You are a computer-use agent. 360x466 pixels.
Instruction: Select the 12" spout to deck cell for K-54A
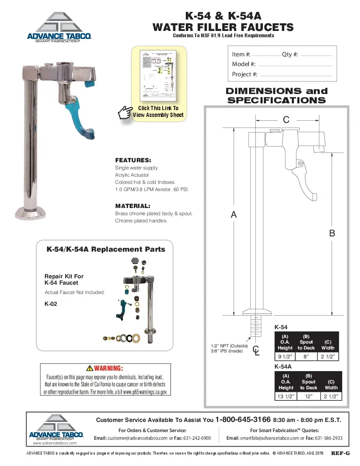pyautogui.click(x=309, y=397)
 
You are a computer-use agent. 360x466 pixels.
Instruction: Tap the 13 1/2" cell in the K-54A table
pyautogui.click(x=286, y=397)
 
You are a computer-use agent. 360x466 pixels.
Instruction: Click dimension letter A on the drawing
pyautogui.click(x=234, y=215)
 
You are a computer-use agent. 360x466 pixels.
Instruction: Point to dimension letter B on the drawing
pyautogui.click(x=332, y=233)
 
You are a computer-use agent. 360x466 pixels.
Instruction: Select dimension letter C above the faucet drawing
pyautogui.click(x=286, y=120)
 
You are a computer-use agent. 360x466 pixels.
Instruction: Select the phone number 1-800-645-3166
pyautogui.click(x=243, y=420)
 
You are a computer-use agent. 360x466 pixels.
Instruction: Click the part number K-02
pyautogui.click(x=50, y=304)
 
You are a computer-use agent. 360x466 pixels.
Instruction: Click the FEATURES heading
pyautogui.click(x=133, y=161)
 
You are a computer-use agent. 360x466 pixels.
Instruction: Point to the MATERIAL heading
pyautogui.click(x=133, y=206)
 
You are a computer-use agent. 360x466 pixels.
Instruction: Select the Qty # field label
pyautogui.click(x=290, y=55)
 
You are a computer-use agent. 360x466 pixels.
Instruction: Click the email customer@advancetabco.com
pyautogui.click(x=138, y=438)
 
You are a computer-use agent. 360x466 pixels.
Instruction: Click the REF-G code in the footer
pyautogui.click(x=340, y=453)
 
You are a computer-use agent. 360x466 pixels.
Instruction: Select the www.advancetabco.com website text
pyautogui.click(x=55, y=443)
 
